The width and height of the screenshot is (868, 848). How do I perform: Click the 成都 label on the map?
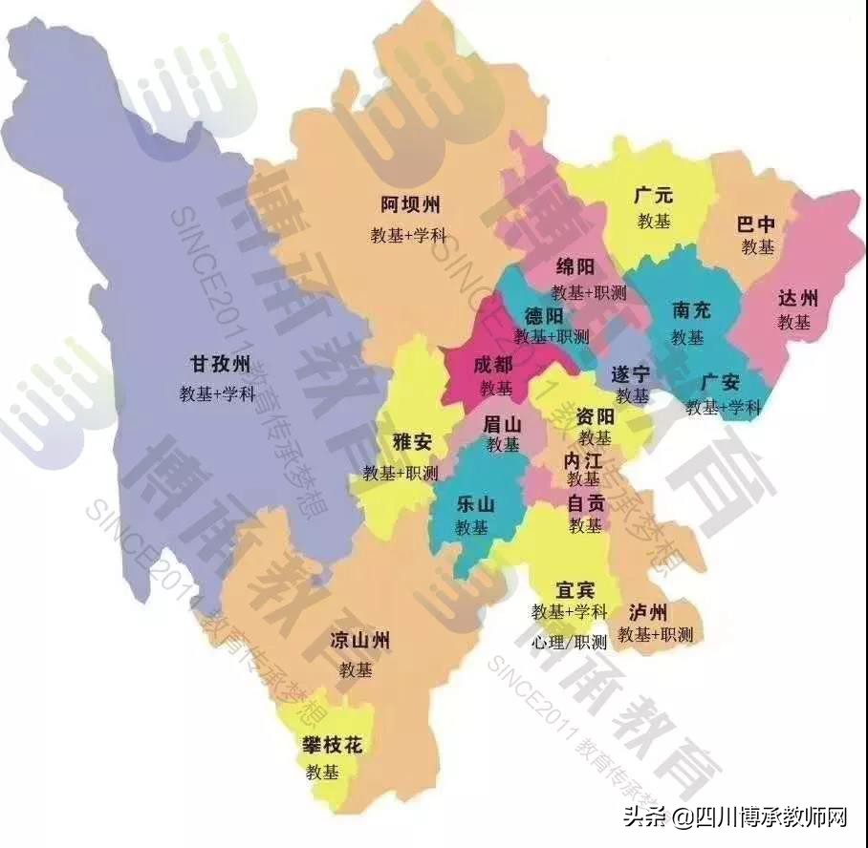tap(493, 365)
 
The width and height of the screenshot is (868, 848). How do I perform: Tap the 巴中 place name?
tap(756, 225)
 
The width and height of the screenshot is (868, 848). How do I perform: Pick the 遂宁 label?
tap(631, 373)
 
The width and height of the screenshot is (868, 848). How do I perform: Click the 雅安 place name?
tap(413, 442)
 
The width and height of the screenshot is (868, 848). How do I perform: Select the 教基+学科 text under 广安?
tap(724, 408)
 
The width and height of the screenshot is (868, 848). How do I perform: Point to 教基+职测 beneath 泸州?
tap(655, 634)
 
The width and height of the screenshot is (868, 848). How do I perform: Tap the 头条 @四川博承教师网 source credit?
tap(736, 817)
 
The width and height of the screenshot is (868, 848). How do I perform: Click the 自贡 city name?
tap(585, 501)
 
